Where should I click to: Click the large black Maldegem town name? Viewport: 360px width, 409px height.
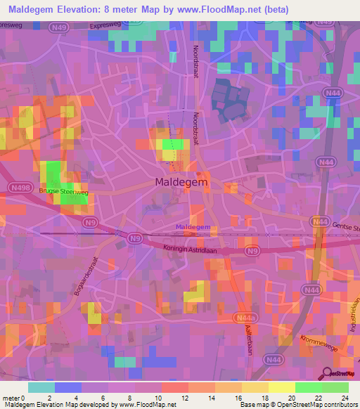[179, 182]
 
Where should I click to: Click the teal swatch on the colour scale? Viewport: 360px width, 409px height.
[41, 387]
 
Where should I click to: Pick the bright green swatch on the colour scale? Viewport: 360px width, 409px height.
[308, 387]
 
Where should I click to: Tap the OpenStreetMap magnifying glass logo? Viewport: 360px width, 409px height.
[326, 374]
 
